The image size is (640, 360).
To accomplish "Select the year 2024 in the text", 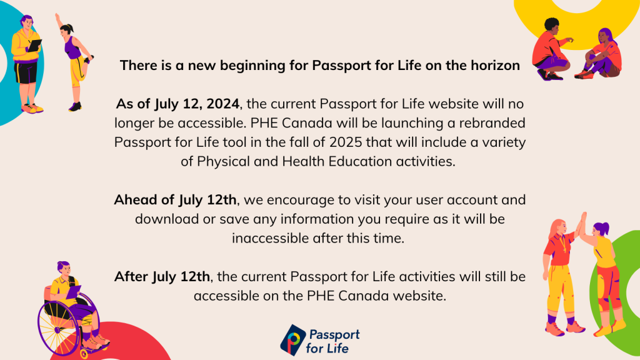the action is pyautogui.click(x=223, y=104).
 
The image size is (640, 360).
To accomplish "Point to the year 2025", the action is pyautogui.click(x=346, y=142).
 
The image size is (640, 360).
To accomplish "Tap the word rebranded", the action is pyautogui.click(x=492, y=123).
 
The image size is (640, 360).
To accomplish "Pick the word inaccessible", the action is pyautogui.click(x=270, y=238).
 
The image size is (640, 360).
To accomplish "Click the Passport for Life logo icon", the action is pyautogui.click(x=292, y=340).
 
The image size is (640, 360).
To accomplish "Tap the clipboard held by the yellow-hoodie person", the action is pyautogui.click(x=34, y=45).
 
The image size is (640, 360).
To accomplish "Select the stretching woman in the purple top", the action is pyautogui.click(x=75, y=62).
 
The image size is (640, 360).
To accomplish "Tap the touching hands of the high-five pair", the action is pyautogui.click(x=581, y=224).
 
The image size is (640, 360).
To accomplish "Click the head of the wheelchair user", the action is pyautogui.click(x=64, y=269).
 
